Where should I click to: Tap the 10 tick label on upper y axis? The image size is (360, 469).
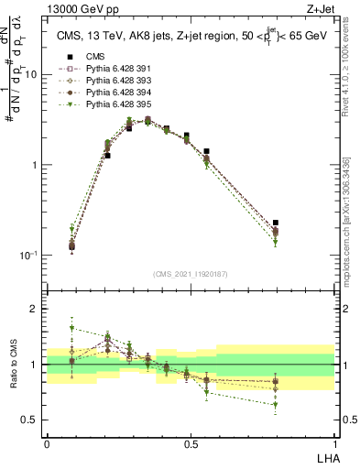(31, 75)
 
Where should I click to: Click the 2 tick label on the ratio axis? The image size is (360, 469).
(35, 309)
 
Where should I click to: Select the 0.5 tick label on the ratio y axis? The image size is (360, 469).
(30, 420)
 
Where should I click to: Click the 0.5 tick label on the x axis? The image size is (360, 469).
(191, 443)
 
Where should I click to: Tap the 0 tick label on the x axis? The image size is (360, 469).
(47, 443)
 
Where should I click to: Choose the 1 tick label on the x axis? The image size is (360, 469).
(334, 443)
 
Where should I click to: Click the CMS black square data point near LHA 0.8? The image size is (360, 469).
(276, 223)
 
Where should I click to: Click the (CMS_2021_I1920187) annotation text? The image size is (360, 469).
(191, 274)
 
